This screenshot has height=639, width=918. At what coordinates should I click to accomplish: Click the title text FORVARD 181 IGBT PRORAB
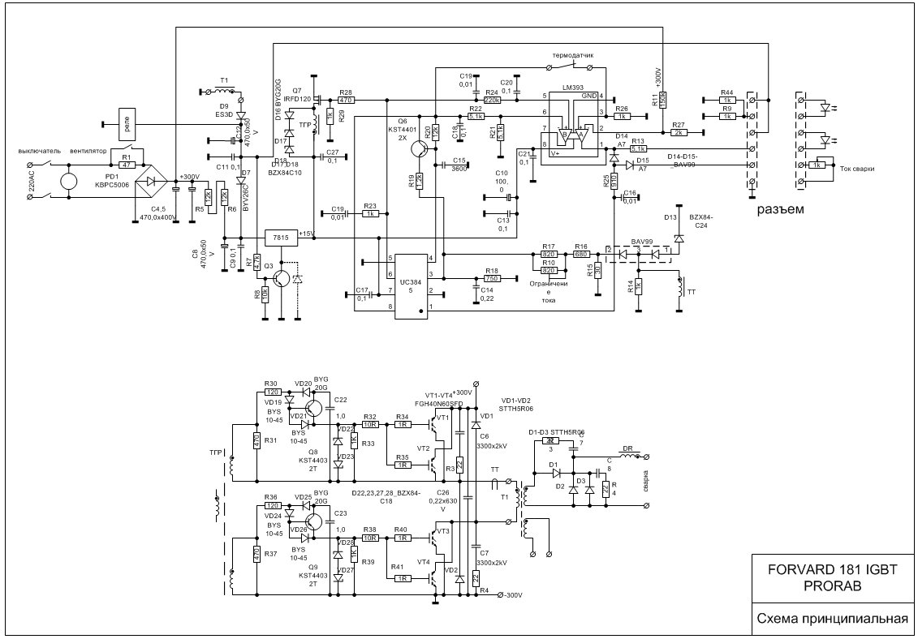(832, 577)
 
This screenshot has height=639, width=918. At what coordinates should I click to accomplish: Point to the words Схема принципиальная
(832, 620)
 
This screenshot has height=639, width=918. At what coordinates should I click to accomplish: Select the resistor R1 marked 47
(126, 165)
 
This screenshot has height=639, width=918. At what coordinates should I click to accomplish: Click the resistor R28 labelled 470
(347, 100)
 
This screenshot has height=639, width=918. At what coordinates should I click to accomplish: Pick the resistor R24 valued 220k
(491, 100)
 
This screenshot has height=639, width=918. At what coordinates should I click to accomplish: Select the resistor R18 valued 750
(490, 278)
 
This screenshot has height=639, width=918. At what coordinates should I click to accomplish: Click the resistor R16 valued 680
(580, 254)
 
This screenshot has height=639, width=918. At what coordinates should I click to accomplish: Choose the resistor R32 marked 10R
(370, 424)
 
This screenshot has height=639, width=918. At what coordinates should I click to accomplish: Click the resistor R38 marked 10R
(370, 537)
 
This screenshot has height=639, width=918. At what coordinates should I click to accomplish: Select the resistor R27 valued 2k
(679, 132)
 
